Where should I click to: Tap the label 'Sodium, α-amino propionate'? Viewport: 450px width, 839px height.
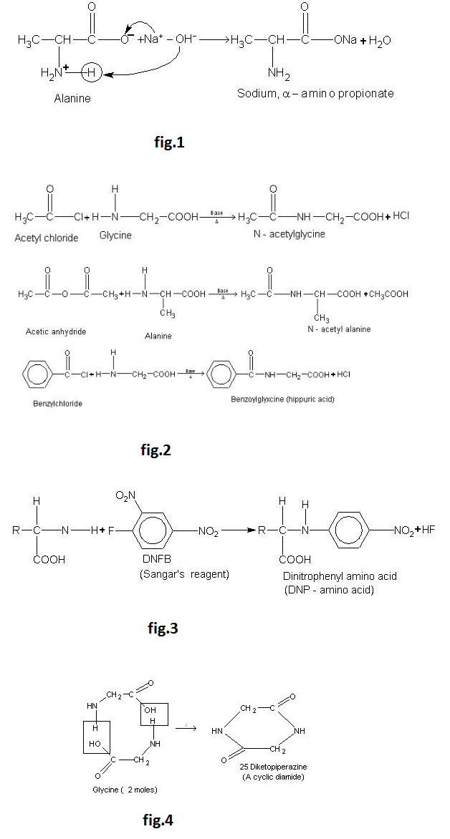pyautogui.click(x=315, y=94)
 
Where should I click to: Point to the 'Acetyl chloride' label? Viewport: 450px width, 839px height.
pyautogui.click(x=47, y=238)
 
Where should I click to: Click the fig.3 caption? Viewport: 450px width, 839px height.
pyautogui.click(x=161, y=629)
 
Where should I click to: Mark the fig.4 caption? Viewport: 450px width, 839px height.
pyautogui.click(x=155, y=820)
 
